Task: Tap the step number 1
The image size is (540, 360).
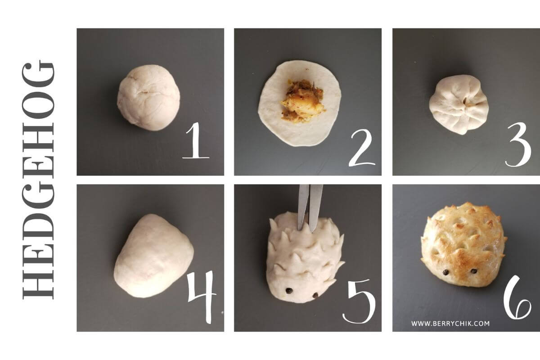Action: [x=196, y=140]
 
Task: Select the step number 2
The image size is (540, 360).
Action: [x=362, y=148]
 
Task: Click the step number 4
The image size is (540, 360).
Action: [x=202, y=297]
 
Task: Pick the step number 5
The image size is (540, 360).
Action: [x=359, y=301]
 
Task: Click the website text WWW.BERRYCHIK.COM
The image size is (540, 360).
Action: [x=450, y=324]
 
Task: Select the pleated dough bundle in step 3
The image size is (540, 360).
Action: [x=459, y=104]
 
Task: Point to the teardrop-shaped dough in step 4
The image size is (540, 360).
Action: [x=153, y=256]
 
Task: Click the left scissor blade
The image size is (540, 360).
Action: [x=302, y=207]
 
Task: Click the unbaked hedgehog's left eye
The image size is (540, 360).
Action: [x=288, y=291]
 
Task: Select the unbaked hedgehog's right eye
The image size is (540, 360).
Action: [x=315, y=295]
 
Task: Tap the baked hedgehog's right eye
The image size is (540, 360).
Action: [x=474, y=271]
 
